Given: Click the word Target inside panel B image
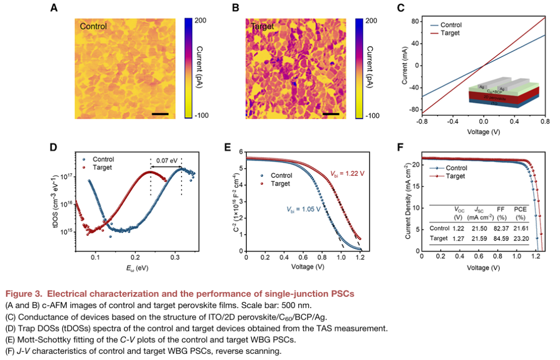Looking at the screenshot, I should [262, 26].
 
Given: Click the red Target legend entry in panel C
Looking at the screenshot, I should [449, 33].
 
